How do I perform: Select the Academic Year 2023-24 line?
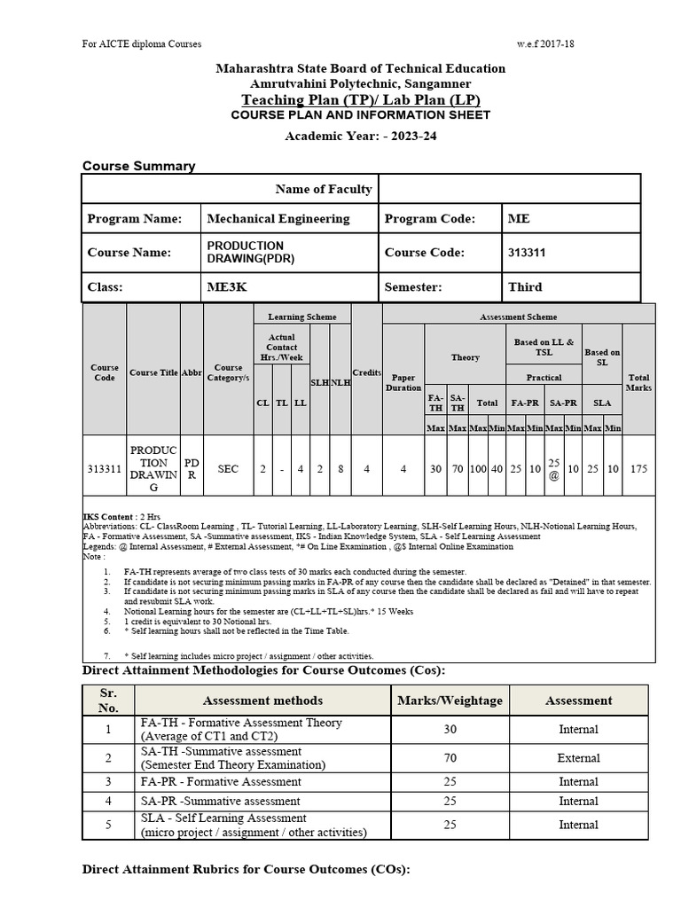pyautogui.click(x=360, y=136)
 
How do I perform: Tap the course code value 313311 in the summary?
pyautogui.click(x=526, y=253)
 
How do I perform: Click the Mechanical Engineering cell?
pyautogui.click(x=278, y=219)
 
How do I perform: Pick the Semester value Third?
pyautogui.click(x=525, y=287)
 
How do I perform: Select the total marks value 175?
pyautogui.click(x=638, y=469)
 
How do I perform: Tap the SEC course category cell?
pyautogui.click(x=228, y=469)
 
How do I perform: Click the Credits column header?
pyautogui.click(x=366, y=372)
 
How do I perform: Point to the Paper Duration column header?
pyautogui.click(x=403, y=382)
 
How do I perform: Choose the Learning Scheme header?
pyautogui.click(x=302, y=317)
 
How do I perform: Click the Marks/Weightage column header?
pyautogui.click(x=450, y=701)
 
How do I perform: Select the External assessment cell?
pyautogui.click(x=578, y=758)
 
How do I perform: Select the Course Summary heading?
pyautogui.click(x=138, y=166)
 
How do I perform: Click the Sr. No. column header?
pyautogui.click(x=107, y=701)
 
